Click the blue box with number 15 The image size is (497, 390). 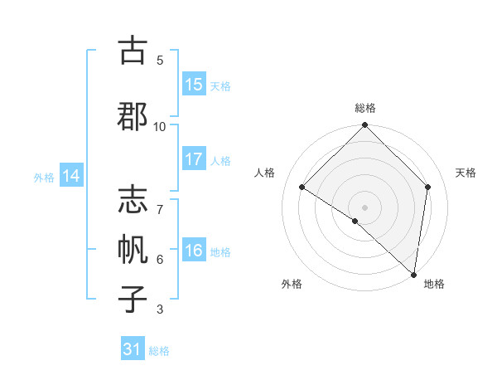(x=194, y=85)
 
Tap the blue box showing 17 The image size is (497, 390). (x=194, y=160)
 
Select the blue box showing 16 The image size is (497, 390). (x=194, y=251)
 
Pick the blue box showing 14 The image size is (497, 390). (x=71, y=176)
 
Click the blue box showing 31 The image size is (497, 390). (x=133, y=349)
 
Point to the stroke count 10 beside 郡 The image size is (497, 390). (x=160, y=126)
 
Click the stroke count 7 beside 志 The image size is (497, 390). (x=160, y=202)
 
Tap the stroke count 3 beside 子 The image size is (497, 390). (x=160, y=310)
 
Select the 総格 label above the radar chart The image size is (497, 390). (x=365, y=108)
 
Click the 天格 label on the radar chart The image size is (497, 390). (x=466, y=173)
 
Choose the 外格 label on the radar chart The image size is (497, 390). (x=292, y=284)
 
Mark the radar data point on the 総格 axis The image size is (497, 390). (x=365, y=126)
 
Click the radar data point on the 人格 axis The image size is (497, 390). (x=302, y=187)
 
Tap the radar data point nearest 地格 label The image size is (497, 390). (x=414, y=275)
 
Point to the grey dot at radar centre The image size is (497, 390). (x=365, y=207)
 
